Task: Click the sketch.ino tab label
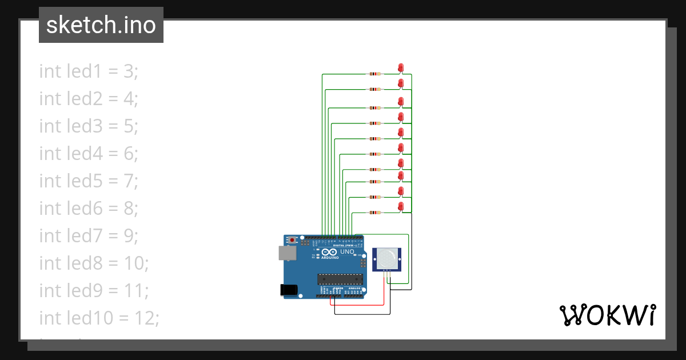(x=101, y=25)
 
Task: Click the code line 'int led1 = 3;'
(x=89, y=71)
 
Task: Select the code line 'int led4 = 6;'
(x=89, y=154)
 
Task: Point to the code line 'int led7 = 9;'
(x=89, y=236)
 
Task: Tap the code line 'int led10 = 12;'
(x=99, y=318)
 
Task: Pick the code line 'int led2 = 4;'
(x=89, y=99)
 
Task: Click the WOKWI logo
(x=607, y=315)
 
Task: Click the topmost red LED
(x=401, y=67)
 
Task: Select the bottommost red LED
(x=401, y=206)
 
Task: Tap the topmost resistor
(x=374, y=74)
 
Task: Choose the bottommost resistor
(x=374, y=213)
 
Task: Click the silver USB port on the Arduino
(x=287, y=253)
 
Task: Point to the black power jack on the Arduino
(x=290, y=290)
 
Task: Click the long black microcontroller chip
(x=340, y=279)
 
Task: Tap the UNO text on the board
(x=348, y=252)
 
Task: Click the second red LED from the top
(x=401, y=83)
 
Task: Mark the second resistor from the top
(x=374, y=89)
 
